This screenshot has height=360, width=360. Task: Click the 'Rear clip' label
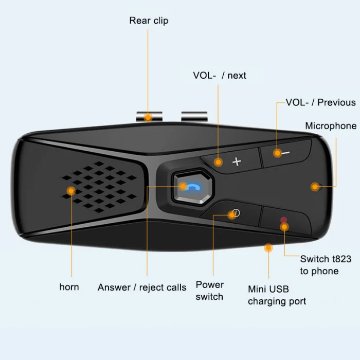pyautogui.click(x=149, y=21)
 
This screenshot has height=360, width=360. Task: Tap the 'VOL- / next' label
pyautogui.click(x=220, y=76)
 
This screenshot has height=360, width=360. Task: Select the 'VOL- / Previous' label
pyautogui.click(x=320, y=102)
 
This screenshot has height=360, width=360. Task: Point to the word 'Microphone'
pyautogui.click(x=331, y=126)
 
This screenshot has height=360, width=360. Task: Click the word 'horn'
pyautogui.click(x=69, y=287)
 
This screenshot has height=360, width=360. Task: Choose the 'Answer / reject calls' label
pyautogui.click(x=142, y=287)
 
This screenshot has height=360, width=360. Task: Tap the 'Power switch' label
pyautogui.click(x=209, y=291)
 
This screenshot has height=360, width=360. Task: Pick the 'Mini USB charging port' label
pyautogui.click(x=277, y=295)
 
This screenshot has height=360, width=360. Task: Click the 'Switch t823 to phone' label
pyautogui.click(x=326, y=265)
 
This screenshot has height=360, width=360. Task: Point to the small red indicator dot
pyautogui.click(x=283, y=220)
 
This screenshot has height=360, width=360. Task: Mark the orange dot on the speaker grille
pyautogui.click(x=71, y=191)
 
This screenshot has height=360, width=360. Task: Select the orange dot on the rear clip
pyautogui.click(x=148, y=117)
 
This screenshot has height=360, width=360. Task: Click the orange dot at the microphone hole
pyautogui.click(x=315, y=187)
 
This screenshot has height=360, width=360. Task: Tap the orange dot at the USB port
pyautogui.click(x=268, y=248)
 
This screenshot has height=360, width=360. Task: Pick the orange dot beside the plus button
pyautogui.click(x=219, y=161)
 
